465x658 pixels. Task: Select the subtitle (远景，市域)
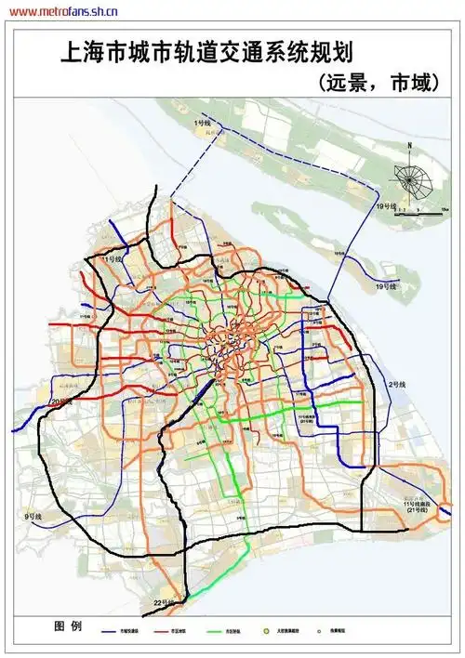coord(376,83)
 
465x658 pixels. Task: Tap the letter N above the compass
coord(408,148)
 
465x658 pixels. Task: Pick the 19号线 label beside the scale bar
coord(386,204)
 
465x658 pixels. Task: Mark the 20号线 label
coord(60,401)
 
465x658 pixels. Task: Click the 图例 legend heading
coord(70,625)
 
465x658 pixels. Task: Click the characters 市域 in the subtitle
coord(408,83)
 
